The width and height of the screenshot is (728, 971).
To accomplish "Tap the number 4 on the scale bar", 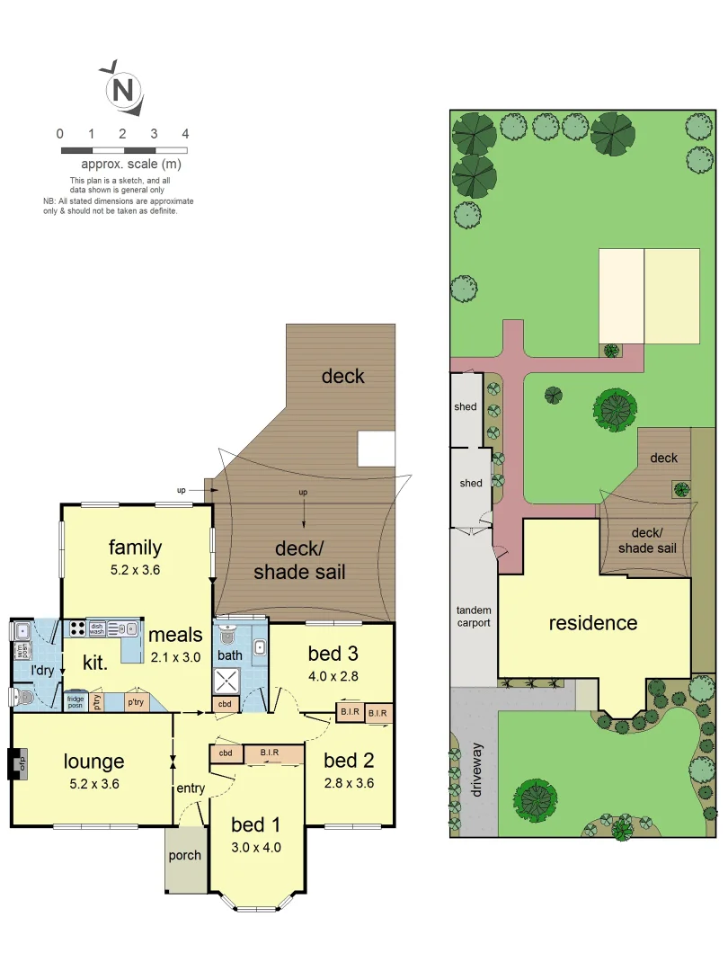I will (x=185, y=134).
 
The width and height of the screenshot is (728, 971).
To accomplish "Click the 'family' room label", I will (x=135, y=547).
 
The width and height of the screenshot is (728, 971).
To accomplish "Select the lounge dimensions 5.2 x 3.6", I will (x=93, y=783).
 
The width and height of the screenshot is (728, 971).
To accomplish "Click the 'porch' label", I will (x=186, y=855).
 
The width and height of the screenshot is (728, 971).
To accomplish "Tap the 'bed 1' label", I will (x=248, y=824).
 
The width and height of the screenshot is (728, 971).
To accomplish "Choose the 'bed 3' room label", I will (x=332, y=653).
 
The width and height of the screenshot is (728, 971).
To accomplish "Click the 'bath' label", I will (x=229, y=655).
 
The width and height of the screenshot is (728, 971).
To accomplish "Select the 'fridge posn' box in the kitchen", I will (x=75, y=700).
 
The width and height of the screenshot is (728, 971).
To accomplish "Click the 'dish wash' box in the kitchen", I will (x=97, y=628).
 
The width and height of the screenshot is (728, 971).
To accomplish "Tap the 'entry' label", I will (x=191, y=788).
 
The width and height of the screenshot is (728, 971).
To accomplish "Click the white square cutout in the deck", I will (x=376, y=448).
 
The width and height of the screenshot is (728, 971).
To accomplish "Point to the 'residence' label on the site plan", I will (x=593, y=622).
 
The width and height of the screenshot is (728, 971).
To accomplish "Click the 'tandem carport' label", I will (x=474, y=616).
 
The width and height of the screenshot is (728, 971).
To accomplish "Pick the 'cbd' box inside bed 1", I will (x=226, y=753).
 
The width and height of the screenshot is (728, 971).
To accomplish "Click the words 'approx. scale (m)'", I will (x=131, y=164).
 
